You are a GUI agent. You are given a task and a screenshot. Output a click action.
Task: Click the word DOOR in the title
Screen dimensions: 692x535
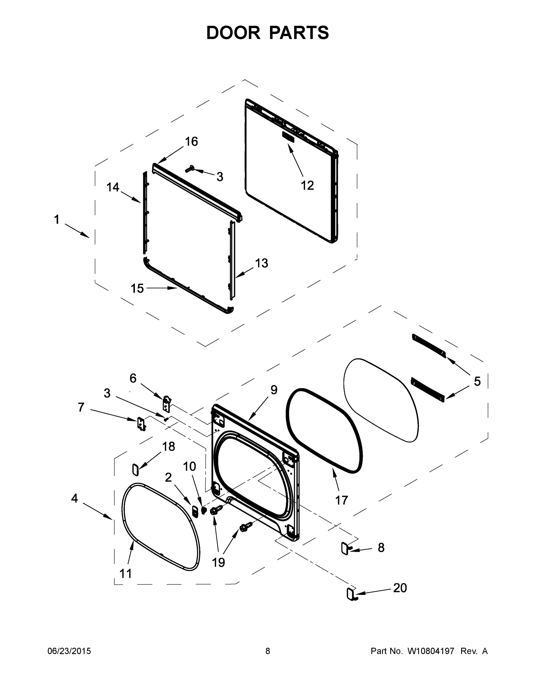click(x=233, y=33)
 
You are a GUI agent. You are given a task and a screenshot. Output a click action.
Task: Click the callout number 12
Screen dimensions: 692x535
click(x=307, y=185)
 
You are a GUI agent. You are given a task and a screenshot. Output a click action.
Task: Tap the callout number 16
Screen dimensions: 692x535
click(x=192, y=142)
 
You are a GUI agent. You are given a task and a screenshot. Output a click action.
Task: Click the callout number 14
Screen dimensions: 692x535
click(x=112, y=187)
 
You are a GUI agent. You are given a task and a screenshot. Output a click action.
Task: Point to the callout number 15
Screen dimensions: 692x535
click(x=137, y=288)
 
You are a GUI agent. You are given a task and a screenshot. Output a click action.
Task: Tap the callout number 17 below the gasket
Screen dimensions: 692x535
click(x=342, y=500)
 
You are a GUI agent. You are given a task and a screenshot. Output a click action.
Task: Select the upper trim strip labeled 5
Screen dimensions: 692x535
click(x=429, y=346)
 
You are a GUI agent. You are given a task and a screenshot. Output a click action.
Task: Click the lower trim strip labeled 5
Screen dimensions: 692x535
click(x=427, y=390)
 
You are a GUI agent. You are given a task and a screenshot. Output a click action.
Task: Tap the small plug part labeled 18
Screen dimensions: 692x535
click(x=135, y=469)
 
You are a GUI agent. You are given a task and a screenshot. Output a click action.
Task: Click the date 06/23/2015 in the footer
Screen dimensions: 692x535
click(x=69, y=651)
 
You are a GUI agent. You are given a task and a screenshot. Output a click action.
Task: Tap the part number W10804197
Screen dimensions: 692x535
click(x=431, y=651)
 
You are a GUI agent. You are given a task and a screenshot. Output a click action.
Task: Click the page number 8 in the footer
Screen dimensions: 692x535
click(x=268, y=651)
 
